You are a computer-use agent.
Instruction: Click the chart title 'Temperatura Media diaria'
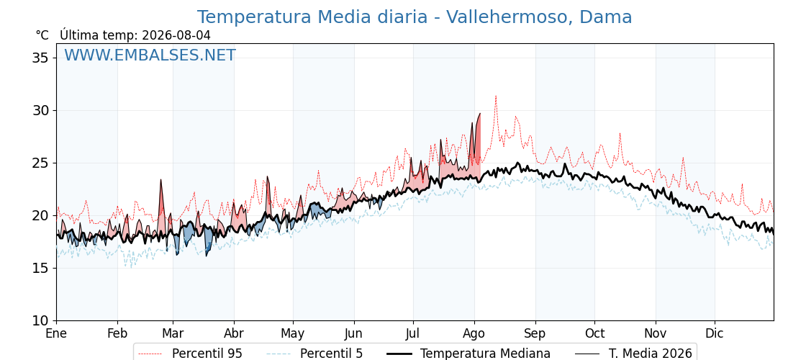(312, 17)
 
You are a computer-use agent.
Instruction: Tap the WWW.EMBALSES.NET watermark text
(150, 55)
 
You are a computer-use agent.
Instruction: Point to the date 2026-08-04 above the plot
(176, 35)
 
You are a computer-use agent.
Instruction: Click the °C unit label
(42, 35)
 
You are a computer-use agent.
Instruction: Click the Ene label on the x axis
(56, 333)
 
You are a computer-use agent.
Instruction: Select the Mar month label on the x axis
(173, 333)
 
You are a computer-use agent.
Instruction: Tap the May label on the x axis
(292, 333)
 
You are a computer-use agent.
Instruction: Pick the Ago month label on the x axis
(474, 333)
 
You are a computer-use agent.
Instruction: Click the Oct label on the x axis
(594, 333)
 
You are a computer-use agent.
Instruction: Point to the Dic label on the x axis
(715, 333)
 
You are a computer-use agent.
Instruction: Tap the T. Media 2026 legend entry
(633, 354)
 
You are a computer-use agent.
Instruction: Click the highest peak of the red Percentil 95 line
(496, 96)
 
